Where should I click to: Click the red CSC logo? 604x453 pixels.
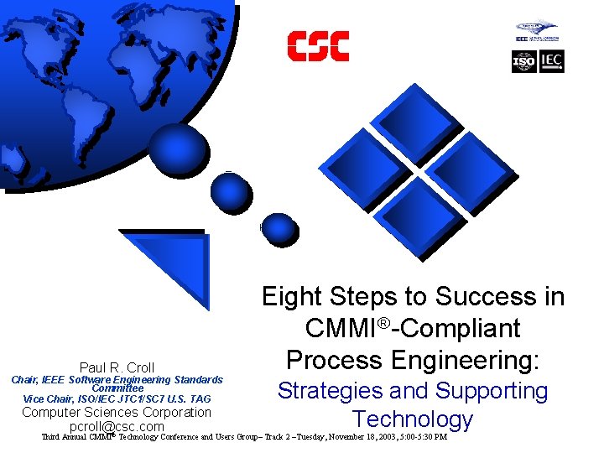[x=318, y=46]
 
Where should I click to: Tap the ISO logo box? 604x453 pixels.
[x=524, y=61]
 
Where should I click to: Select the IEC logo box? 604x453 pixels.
[x=552, y=61]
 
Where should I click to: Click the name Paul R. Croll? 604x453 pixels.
[x=117, y=367]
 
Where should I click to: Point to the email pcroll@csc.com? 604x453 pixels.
[x=117, y=427]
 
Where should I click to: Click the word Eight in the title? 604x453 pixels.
[x=291, y=297]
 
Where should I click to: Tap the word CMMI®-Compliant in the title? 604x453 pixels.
[x=413, y=329]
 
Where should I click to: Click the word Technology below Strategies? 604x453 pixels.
[x=413, y=419]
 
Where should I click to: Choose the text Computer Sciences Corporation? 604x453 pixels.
[x=117, y=412]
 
